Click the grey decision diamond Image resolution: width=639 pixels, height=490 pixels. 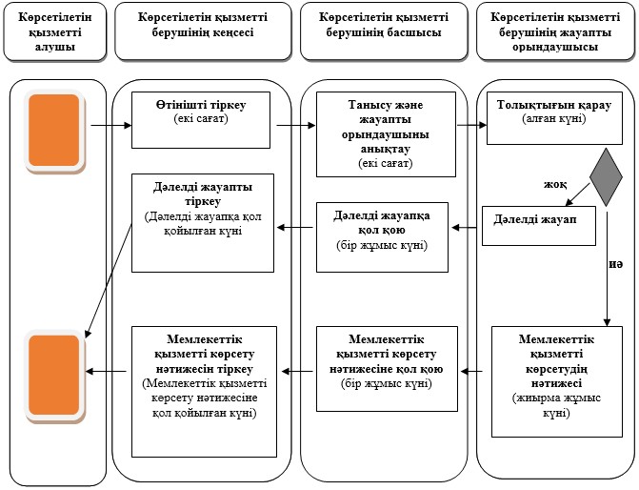click(606, 177)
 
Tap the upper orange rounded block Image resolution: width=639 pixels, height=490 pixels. click(54, 131)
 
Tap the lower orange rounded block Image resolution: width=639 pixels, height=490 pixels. click(54, 375)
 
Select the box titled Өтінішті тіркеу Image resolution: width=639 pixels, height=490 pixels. click(201, 120)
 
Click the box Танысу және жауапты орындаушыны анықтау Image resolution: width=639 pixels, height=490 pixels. click(386, 134)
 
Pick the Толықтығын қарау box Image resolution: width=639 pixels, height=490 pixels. click(554, 118)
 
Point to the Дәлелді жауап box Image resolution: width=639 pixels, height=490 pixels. click(539, 226)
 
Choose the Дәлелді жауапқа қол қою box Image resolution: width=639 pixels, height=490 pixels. click(382, 237)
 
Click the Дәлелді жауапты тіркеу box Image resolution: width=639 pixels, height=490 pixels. click(203, 223)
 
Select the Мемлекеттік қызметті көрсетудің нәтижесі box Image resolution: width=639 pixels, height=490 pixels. click(557, 382)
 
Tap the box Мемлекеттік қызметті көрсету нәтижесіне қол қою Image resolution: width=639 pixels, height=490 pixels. click(388, 369)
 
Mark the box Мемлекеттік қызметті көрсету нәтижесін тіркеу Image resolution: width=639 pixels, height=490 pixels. click(204, 392)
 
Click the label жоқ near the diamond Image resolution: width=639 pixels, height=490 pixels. click(555, 184)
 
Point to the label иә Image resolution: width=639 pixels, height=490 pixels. click(616, 264)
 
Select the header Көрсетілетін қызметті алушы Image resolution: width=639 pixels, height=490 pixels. click(55, 31)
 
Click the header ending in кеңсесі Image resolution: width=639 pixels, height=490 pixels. click(203, 31)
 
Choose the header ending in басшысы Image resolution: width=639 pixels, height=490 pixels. click(384, 31)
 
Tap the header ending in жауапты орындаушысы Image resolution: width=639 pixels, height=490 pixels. click(555, 31)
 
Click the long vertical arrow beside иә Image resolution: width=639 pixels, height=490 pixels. click(608, 269)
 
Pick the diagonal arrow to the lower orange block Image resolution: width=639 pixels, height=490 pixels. click(109, 280)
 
